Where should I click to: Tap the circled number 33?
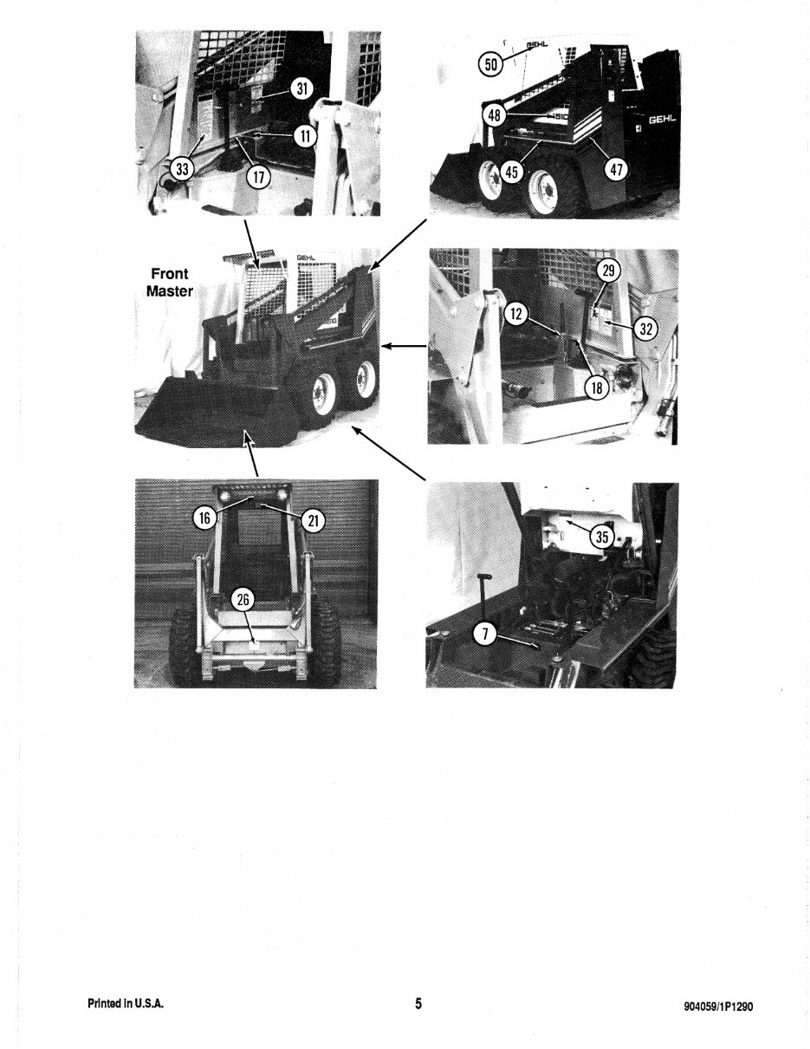point(181,168)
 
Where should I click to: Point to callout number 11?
point(304,136)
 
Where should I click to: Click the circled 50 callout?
point(491,63)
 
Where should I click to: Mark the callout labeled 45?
point(511,172)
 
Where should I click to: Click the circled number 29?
point(609,271)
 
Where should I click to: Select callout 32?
point(646,328)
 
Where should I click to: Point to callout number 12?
point(515,314)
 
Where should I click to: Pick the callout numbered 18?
point(596,388)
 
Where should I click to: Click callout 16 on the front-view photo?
point(204,518)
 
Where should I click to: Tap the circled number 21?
point(313,520)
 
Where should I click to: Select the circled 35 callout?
point(602,538)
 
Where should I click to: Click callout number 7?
point(487,635)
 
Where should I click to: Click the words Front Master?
point(170,283)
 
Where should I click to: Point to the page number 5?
point(418,1004)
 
